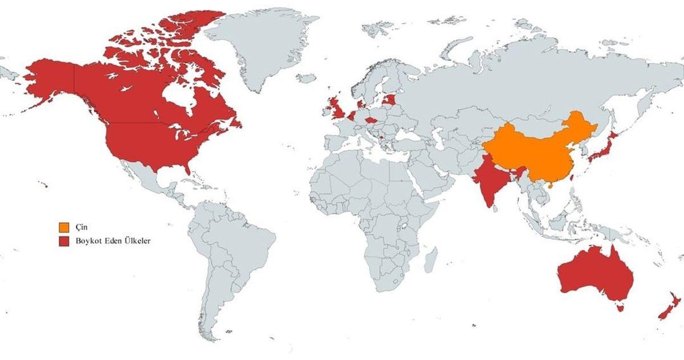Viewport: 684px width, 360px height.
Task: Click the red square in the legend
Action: tap(64, 241)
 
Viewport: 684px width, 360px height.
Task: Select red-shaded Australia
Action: tap(596, 276)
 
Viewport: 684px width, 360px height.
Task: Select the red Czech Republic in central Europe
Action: tap(371, 121)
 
